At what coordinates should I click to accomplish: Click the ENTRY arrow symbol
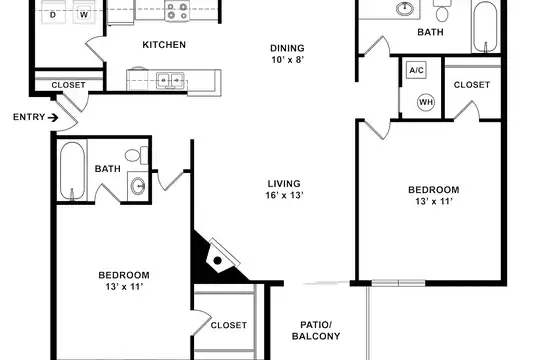point(53,118)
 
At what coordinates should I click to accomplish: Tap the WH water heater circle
point(426,102)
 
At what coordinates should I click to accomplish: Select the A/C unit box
point(416,70)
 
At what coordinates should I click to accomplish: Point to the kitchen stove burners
point(177,11)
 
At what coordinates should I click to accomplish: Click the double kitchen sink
point(170,81)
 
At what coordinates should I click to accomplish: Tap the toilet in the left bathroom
point(136,155)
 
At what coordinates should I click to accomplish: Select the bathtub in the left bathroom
point(72,171)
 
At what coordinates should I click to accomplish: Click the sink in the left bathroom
point(138,186)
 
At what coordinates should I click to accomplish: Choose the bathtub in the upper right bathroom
point(485,26)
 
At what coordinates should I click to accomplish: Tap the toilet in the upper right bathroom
point(442,10)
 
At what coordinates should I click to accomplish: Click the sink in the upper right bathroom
point(405,8)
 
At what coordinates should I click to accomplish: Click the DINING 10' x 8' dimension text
point(288,54)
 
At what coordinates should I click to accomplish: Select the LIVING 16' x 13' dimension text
point(284,189)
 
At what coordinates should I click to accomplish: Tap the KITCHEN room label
point(164,45)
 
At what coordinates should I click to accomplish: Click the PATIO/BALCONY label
point(316,330)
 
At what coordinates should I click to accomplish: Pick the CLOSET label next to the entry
point(68,85)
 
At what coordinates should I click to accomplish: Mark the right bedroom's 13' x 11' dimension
point(434,202)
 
